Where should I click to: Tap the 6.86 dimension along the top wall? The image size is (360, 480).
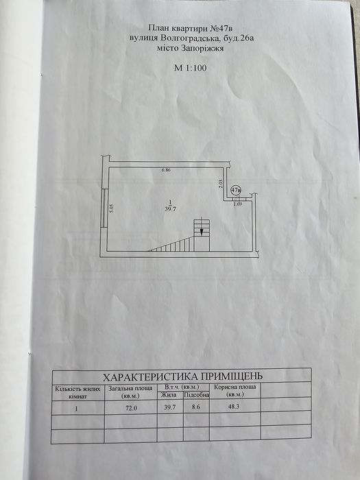click(166, 170)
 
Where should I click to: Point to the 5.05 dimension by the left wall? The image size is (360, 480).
click(112, 208)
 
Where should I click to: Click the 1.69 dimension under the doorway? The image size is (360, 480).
click(238, 204)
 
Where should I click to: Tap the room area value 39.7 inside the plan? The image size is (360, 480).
click(170, 209)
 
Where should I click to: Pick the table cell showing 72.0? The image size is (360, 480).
click(130, 408)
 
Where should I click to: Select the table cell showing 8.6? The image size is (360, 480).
click(195, 408)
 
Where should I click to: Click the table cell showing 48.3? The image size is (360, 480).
click(235, 408)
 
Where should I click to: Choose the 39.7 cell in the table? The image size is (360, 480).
click(170, 408)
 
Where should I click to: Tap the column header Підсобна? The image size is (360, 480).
click(196, 395)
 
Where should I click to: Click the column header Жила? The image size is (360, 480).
click(169, 395)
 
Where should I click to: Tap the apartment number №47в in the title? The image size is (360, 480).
click(218, 28)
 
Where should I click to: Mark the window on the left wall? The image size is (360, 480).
click(104, 208)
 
